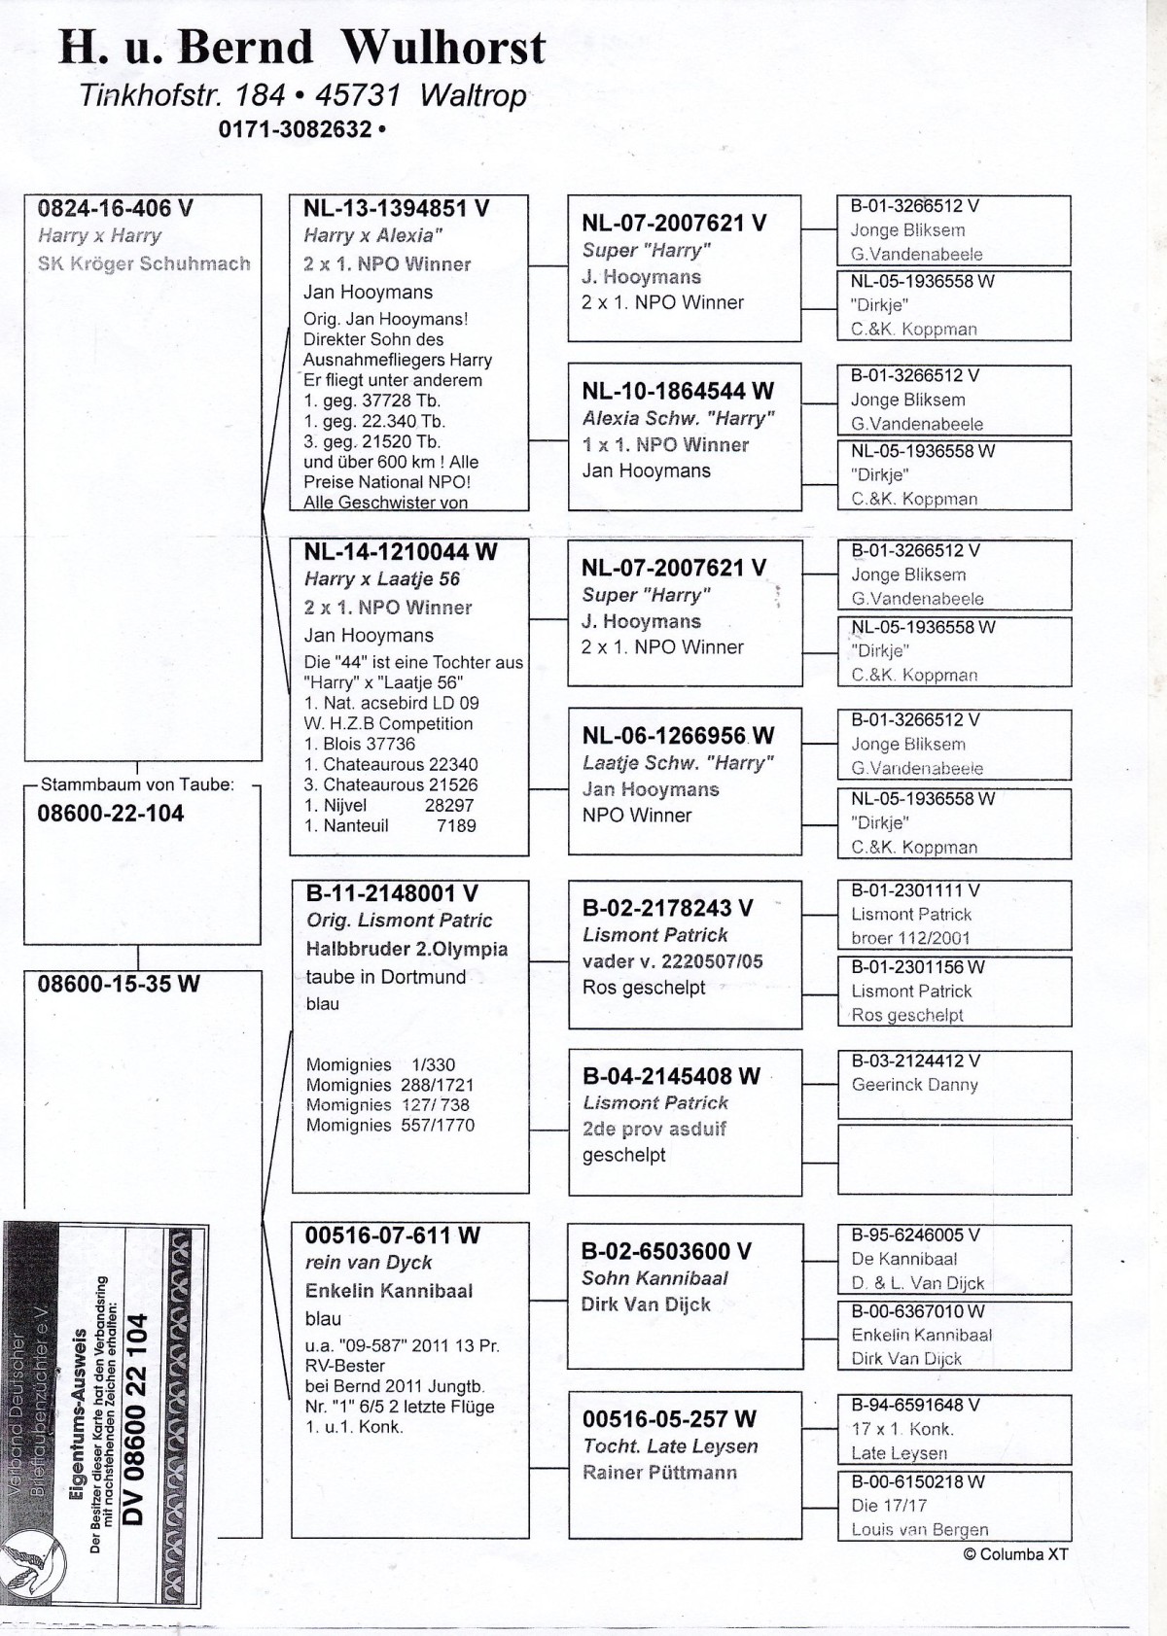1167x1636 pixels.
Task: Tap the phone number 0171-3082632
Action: pyautogui.click(x=296, y=129)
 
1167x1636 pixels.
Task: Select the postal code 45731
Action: pyautogui.click(x=358, y=94)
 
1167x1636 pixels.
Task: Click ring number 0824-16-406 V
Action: pyautogui.click(x=115, y=208)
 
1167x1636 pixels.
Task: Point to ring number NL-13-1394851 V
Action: pyautogui.click(x=396, y=208)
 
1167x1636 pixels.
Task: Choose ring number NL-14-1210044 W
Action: pyautogui.click(x=400, y=552)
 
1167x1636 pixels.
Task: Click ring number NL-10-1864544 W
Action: pyautogui.click(x=678, y=391)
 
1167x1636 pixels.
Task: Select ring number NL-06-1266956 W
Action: pyautogui.click(x=678, y=736)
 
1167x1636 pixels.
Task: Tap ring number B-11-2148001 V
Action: pyautogui.click(x=392, y=893)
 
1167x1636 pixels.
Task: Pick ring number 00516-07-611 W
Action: pyautogui.click(x=392, y=1236)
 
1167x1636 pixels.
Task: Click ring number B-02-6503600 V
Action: pyautogui.click(x=666, y=1251)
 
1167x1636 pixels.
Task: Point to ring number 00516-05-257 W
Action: pyautogui.click(x=669, y=1419)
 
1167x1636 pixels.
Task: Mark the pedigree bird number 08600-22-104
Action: pyautogui.click(x=110, y=814)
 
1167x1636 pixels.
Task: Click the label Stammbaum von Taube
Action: pyautogui.click(x=137, y=784)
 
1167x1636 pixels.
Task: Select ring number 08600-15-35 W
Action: pyautogui.click(x=118, y=984)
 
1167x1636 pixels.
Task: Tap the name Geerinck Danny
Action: pyautogui.click(x=914, y=1085)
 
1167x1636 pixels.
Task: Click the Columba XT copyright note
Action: pyautogui.click(x=1015, y=1553)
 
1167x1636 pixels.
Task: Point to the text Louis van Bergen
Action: pyautogui.click(x=919, y=1529)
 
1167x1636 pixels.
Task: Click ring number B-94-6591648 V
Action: pyautogui.click(x=915, y=1405)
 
